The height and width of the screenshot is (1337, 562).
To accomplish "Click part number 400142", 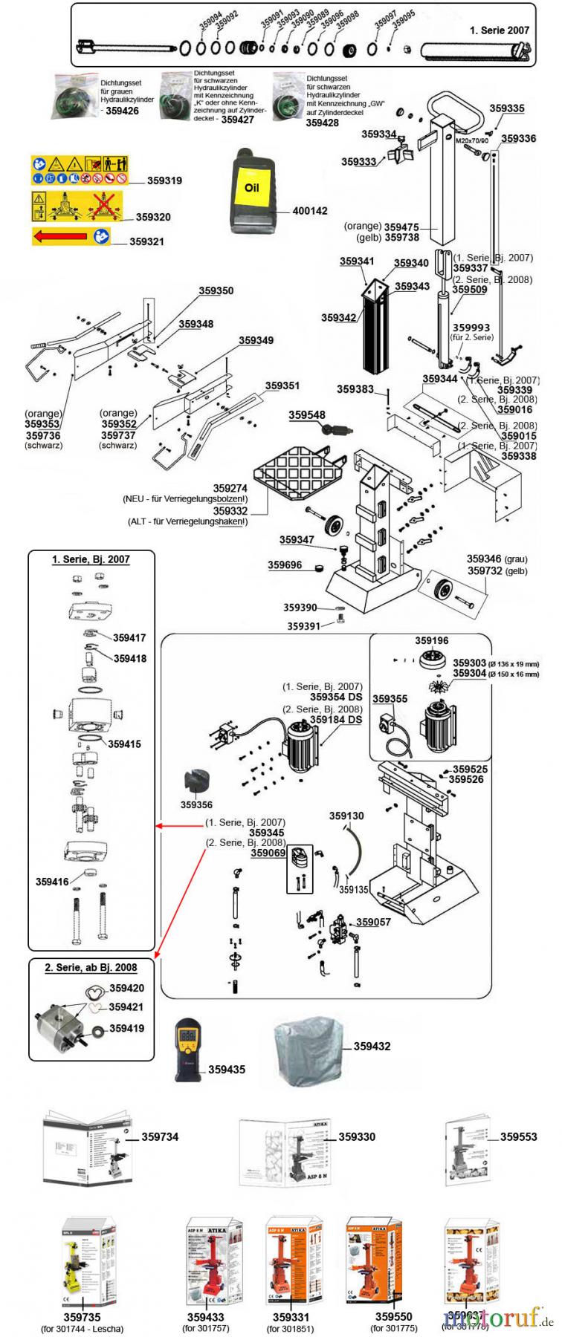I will (310, 211).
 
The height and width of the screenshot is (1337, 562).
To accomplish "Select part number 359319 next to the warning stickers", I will (164, 180).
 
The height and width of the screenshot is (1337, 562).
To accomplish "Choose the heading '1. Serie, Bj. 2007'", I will (91, 559).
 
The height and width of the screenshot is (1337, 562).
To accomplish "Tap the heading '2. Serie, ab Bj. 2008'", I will (91, 968).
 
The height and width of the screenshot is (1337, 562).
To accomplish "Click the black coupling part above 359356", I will (196, 784).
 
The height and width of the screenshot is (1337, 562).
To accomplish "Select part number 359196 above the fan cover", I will (432, 640).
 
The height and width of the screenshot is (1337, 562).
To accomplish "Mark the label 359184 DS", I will (336, 720).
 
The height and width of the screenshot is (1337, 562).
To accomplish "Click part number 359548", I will (307, 415).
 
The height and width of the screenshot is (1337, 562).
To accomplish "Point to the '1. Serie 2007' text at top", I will (500, 30).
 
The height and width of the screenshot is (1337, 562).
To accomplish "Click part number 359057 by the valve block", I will (373, 922).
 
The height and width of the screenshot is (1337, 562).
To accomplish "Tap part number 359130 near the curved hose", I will (346, 816).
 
